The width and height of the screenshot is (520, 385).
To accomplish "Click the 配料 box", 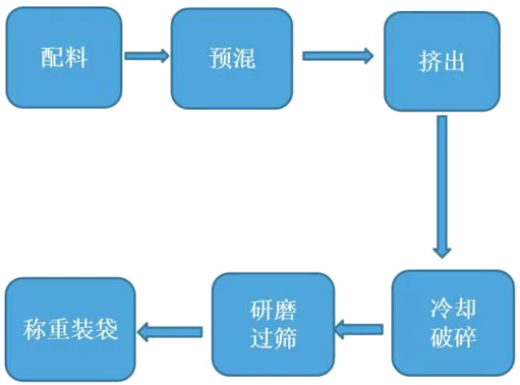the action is click(64, 58).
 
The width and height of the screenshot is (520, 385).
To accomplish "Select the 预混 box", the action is click(232, 59).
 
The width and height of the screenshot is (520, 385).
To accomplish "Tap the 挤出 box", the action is click(442, 62).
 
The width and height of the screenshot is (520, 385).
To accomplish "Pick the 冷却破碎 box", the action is click(453, 323).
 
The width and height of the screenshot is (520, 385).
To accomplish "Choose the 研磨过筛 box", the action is click(273, 324).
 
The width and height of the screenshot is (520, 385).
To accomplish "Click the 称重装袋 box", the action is click(70, 330).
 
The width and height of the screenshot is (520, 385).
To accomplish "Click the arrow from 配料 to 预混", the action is click(147, 56).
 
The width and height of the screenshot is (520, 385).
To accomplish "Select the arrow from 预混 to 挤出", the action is click(338, 56).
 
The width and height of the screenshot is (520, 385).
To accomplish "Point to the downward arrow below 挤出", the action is click(442, 187).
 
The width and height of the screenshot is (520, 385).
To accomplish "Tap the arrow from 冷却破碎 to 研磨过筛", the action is click(359, 329).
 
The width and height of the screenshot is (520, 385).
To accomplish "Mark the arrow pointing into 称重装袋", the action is click(169, 332).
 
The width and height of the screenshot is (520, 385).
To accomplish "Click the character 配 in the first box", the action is click(52, 58).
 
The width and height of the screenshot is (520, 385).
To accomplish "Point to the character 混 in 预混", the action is click(245, 59).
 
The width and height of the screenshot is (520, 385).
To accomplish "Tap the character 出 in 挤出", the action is click(453, 62).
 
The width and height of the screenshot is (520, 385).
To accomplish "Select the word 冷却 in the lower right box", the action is click(454, 309).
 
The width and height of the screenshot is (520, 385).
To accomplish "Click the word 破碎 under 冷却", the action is click(454, 337).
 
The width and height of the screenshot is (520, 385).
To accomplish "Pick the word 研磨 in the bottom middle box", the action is click(273, 310).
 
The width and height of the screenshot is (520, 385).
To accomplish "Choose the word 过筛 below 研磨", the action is click(273, 339).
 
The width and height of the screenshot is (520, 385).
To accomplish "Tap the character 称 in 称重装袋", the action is click(34, 330).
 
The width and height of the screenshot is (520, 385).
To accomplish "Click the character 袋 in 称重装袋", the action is click(107, 330).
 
